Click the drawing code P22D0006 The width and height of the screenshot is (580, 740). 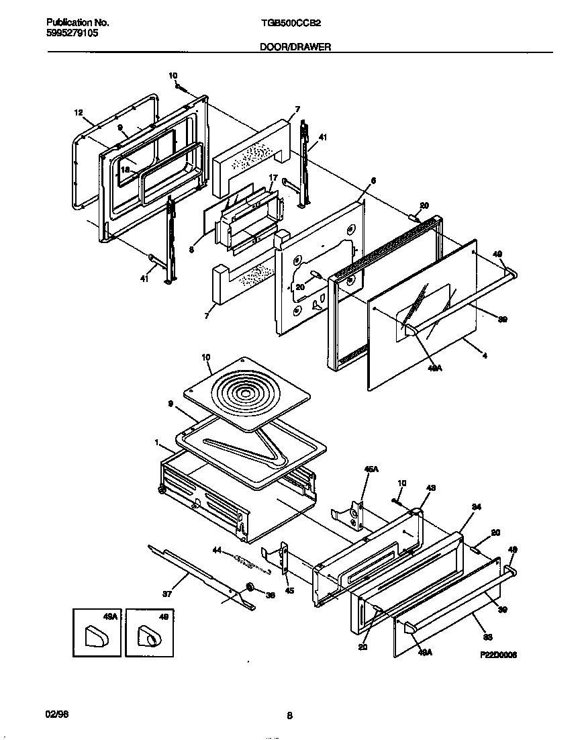pos(498,655)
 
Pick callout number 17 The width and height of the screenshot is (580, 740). pos(273,179)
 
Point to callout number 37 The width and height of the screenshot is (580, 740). pos(167,594)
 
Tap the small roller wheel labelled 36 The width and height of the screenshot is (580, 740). pos(250,588)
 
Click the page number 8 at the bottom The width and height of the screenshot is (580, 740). pos(289,716)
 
